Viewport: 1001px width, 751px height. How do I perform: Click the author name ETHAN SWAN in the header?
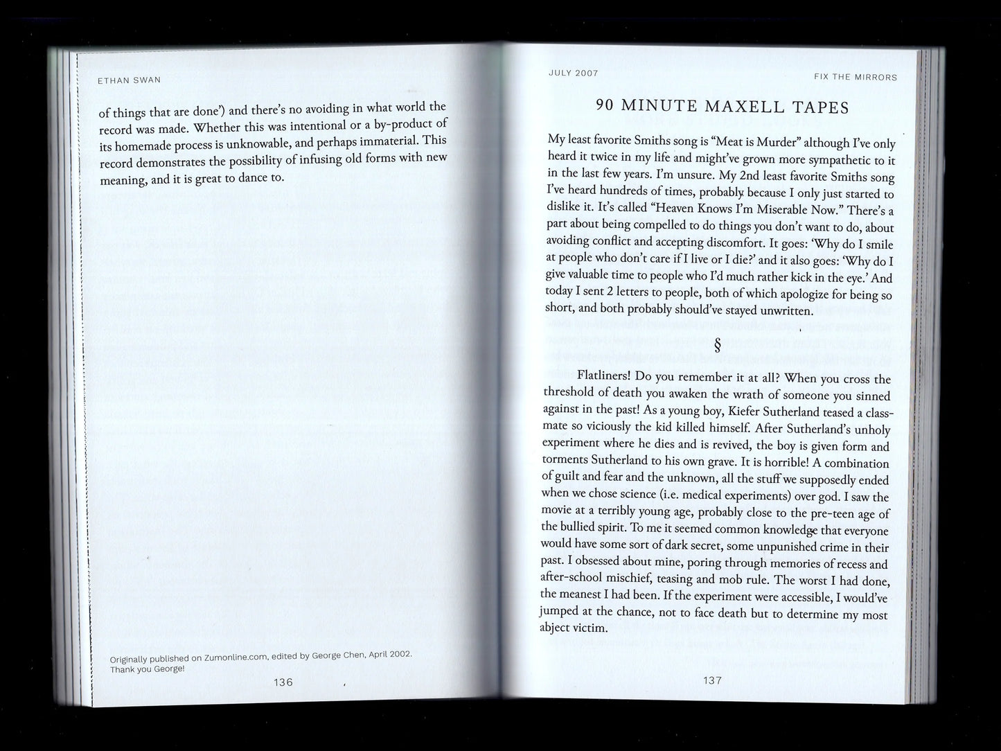(x=129, y=80)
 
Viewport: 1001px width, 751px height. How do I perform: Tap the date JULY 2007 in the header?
(x=573, y=73)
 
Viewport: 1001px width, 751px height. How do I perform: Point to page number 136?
(x=283, y=682)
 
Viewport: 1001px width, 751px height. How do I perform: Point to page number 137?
(x=713, y=680)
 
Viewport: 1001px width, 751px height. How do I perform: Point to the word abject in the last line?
(x=555, y=629)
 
